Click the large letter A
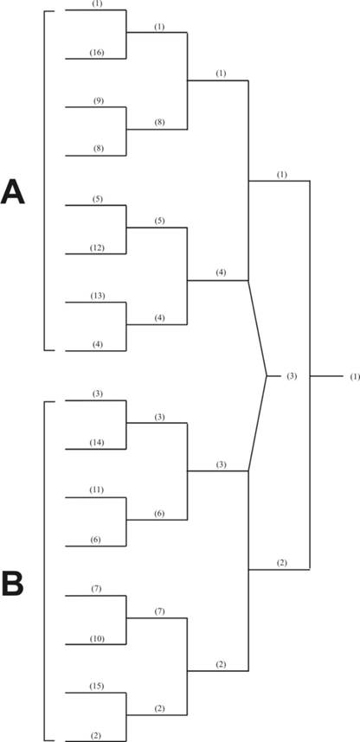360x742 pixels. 13,192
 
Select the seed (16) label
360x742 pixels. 97,53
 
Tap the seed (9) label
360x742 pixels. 99,101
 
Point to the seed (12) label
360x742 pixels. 97,248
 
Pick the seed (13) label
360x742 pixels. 98,296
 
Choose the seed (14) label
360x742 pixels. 97,443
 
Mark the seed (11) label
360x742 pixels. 97,489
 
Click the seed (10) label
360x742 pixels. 98,639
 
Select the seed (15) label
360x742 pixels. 97,686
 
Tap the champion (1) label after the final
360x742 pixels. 355,377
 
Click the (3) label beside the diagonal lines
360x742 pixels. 292,376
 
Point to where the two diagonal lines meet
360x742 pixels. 267,376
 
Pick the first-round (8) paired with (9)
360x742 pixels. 99,149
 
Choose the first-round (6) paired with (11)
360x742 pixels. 96,540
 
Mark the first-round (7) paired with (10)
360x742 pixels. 98,589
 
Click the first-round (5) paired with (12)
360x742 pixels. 98,199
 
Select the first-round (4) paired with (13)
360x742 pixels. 98,345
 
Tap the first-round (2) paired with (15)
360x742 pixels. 97,735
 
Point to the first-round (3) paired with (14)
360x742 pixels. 98,393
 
